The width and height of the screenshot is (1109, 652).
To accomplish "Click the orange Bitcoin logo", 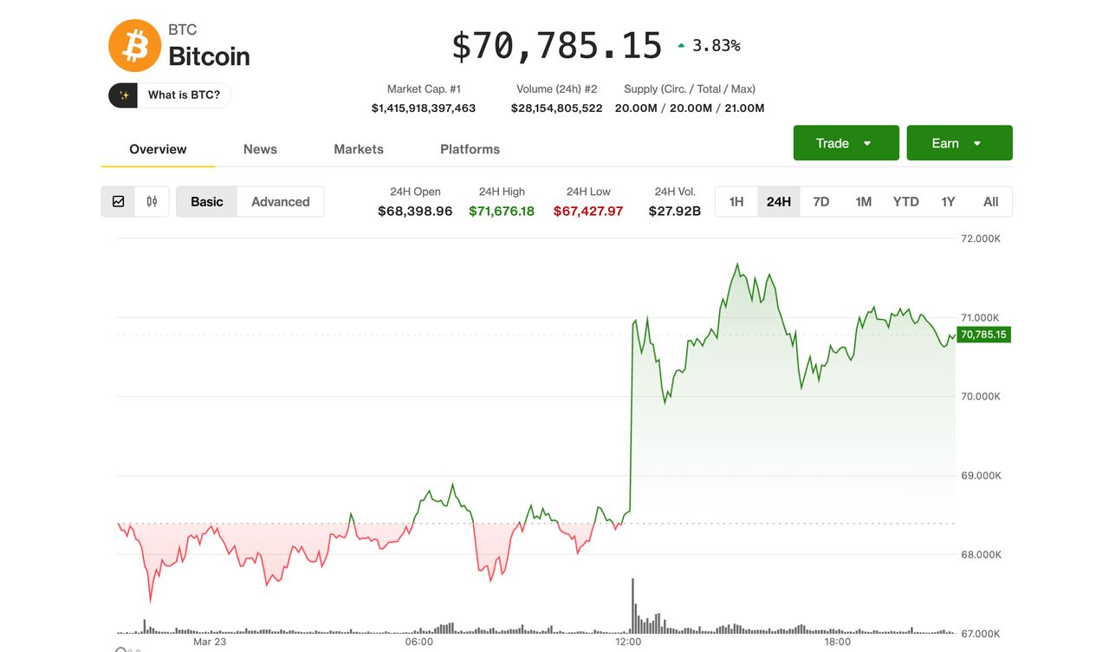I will point(134,46).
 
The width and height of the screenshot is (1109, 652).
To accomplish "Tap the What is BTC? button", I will point(170,95).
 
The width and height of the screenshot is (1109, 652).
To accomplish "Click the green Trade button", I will point(846,143).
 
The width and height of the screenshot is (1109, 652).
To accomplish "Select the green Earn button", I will point(959,143).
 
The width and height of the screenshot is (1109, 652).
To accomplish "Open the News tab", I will point(260,149).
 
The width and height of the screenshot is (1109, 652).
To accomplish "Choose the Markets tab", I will point(359,149).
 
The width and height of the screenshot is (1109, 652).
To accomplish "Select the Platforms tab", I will point(470,149).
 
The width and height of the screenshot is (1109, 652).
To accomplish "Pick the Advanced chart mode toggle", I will point(280,202).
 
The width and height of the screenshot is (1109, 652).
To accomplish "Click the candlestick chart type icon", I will point(152,202).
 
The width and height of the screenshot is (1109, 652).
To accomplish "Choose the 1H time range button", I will point(736,202).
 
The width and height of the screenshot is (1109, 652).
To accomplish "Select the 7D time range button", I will point(821,202).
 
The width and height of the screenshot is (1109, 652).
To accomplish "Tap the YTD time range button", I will point(905,202).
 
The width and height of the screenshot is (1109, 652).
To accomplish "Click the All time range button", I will point(990,202).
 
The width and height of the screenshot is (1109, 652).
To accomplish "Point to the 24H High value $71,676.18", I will point(502,211).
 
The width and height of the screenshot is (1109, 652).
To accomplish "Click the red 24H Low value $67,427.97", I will point(588,211).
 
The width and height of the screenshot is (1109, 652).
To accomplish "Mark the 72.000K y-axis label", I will point(981,238).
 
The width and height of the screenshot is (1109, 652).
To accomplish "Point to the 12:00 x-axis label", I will point(628,642).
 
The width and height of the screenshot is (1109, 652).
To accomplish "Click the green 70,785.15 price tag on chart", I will point(983,335).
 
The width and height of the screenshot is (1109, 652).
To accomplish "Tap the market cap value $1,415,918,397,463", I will point(424,108).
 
